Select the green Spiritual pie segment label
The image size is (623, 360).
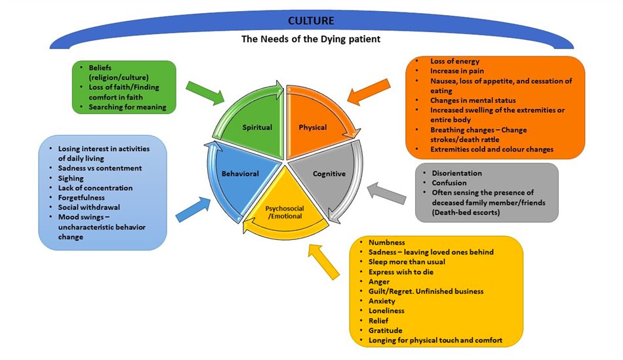tap(256, 127)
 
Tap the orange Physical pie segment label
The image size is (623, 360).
tap(313, 127)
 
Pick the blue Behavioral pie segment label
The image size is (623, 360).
tap(240, 174)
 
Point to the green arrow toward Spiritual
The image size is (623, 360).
tap(205, 91)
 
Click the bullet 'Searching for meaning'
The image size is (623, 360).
tap(128, 107)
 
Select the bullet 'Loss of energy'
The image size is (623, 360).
tap(455, 60)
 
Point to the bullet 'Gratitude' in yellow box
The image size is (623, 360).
tap(385, 330)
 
